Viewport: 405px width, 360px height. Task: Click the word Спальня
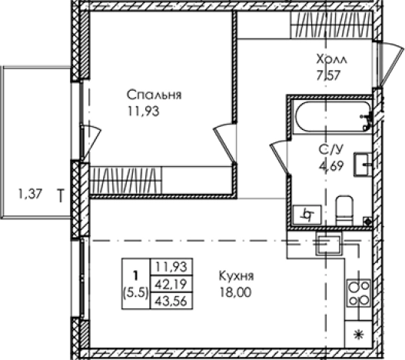tap(154, 96)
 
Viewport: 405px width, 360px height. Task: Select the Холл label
tap(331, 59)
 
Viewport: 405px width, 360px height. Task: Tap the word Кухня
tap(236, 276)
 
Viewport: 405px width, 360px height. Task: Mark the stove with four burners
tap(358, 293)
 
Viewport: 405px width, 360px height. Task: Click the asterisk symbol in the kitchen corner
tap(358, 335)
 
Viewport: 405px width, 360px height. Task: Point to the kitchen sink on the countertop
tap(331, 244)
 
